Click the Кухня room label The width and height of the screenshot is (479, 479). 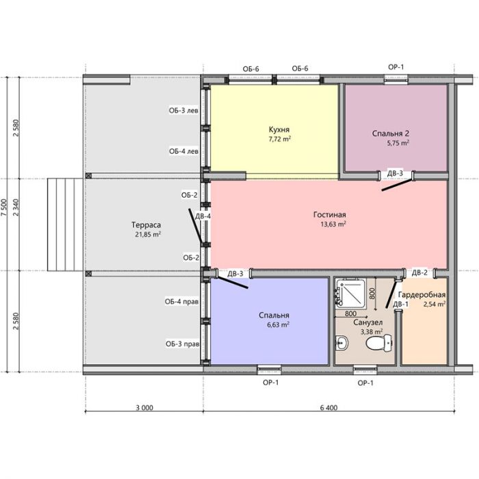(279, 129)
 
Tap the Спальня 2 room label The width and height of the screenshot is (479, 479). (391, 133)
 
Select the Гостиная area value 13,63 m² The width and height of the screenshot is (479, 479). (333, 224)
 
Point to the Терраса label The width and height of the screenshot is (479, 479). (146, 225)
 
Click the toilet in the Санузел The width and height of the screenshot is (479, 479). (379, 343)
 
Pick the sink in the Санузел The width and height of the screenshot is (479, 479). (341, 343)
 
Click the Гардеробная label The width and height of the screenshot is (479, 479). (422, 295)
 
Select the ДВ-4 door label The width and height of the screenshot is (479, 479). (203, 216)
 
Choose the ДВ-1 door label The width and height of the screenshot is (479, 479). (400, 305)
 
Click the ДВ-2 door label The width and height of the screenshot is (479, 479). (419, 272)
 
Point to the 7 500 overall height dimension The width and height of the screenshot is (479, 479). (3, 207)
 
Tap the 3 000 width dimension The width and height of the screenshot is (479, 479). (144, 408)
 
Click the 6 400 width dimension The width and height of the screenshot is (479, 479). (329, 408)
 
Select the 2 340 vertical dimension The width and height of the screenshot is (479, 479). (16, 207)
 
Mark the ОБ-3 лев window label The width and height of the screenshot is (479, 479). (183, 110)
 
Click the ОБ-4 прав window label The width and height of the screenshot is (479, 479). (182, 302)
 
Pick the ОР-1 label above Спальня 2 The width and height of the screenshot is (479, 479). (396, 67)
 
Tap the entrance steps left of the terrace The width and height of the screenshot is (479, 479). (65, 225)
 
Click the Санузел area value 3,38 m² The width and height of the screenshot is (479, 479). (372, 331)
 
